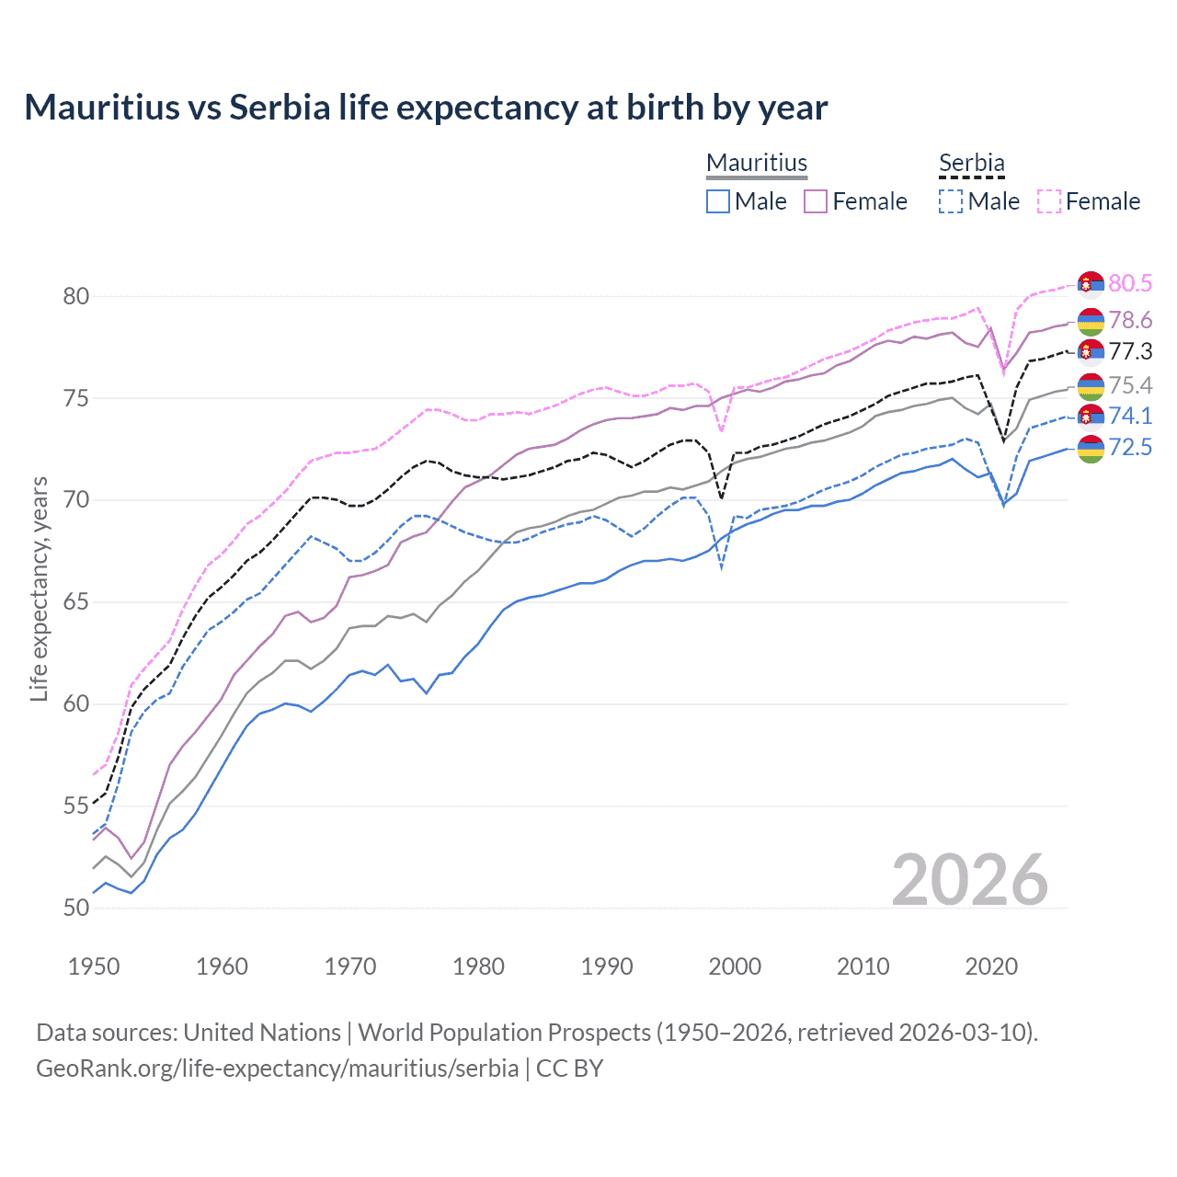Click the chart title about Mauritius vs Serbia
(426, 108)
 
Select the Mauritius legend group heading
(757, 163)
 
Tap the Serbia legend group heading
(971, 163)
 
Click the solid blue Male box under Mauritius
(718, 201)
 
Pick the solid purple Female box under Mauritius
(816, 201)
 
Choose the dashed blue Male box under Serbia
(951, 201)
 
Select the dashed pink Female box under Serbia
(1049, 201)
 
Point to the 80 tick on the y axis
(76, 296)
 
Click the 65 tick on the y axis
(76, 602)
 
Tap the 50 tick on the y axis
(76, 908)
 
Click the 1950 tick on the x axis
(94, 966)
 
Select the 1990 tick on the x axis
(607, 966)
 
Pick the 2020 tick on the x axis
(991, 966)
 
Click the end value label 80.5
(1130, 283)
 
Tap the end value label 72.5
(1130, 448)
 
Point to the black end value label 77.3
(1130, 351)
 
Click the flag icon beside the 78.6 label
(1091, 321)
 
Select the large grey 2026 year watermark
(970, 880)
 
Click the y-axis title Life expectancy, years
(40, 588)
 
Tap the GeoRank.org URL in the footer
(277, 1068)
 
